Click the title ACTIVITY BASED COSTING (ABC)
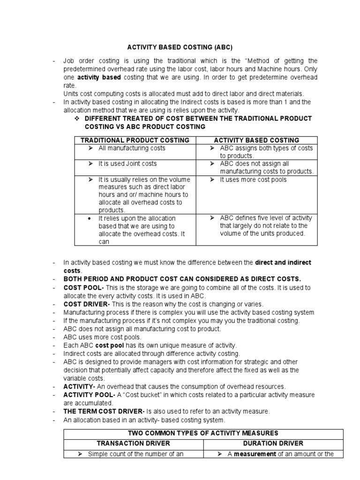180,47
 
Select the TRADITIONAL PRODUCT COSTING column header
135,140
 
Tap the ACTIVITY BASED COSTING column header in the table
256,140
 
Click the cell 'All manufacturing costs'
125,148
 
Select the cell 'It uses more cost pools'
254,180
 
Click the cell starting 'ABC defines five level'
266,218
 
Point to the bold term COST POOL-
80,287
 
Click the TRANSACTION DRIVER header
133,443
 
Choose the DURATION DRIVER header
274,443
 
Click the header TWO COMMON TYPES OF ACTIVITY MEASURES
203,433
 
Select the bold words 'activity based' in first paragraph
99,77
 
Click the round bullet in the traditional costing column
90,218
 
